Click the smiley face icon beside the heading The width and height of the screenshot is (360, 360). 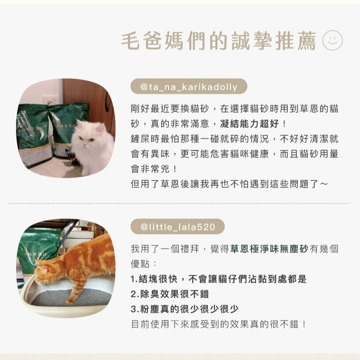point(332,40)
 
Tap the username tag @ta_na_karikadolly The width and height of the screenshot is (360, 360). point(188,87)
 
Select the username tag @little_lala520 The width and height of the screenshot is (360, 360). point(178,227)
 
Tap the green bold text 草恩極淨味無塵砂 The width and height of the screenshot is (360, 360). point(269,249)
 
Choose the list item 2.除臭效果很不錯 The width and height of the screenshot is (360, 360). point(170,294)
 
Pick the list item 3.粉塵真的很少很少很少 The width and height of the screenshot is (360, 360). point(185,309)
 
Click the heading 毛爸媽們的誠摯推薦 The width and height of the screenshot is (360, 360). point(219,41)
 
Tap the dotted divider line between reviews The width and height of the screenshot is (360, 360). point(180,204)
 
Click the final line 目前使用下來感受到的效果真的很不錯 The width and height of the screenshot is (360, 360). point(218,324)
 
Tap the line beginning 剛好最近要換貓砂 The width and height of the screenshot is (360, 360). point(234,108)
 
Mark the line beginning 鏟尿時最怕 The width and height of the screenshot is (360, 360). point(234,138)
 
